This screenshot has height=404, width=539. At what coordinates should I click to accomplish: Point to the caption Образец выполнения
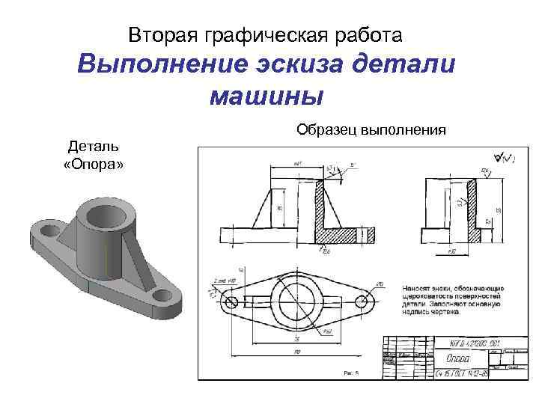click(x=371, y=129)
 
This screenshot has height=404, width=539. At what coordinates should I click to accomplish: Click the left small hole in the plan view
click(x=230, y=302)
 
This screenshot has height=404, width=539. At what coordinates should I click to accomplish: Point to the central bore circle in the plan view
click(x=296, y=302)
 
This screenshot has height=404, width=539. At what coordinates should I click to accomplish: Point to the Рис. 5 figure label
click(x=351, y=372)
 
